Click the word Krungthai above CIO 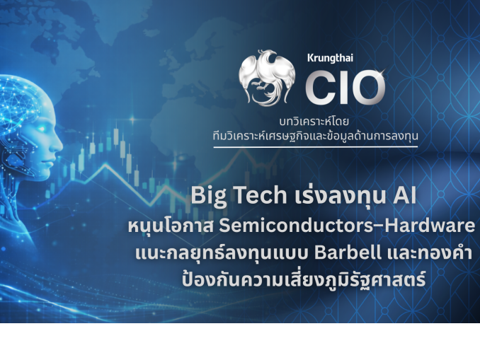[330, 58]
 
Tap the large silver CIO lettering [345, 88]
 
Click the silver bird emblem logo [267, 78]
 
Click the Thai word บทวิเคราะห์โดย [314, 122]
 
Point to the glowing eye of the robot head [41, 129]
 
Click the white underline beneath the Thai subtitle [316, 147]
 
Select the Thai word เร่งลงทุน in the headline [340, 195]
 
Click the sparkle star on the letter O [382, 72]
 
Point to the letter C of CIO [321, 88]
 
